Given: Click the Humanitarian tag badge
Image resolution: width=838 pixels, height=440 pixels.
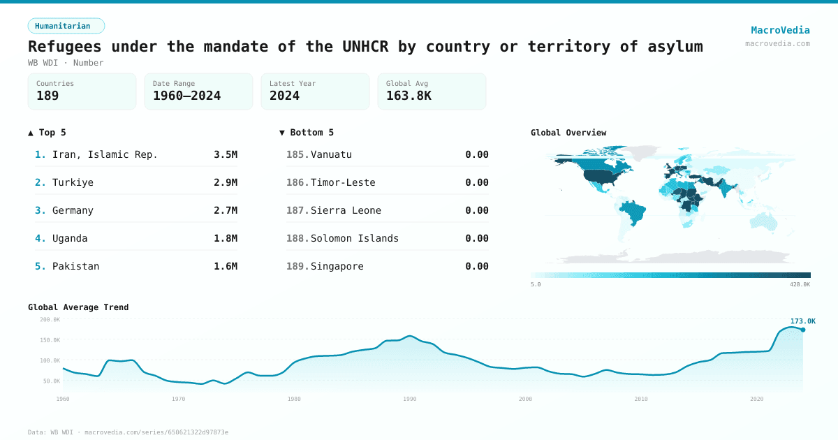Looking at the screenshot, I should click(66, 26).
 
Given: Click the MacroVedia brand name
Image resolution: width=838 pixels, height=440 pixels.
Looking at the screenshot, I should click(780, 30).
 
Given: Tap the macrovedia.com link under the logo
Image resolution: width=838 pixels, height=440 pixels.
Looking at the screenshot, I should click(777, 43).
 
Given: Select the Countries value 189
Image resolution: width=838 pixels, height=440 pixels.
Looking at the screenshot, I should click(47, 96).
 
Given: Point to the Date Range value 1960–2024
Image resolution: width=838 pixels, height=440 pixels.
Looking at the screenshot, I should click(186, 96).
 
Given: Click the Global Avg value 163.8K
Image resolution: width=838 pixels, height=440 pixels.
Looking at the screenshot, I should click(409, 96).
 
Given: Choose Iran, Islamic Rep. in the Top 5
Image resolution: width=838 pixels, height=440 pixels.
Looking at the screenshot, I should click(105, 154).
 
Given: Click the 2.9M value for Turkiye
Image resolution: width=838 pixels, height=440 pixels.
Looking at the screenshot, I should click(225, 182).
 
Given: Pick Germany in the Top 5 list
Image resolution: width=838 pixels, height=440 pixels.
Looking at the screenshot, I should click(73, 210).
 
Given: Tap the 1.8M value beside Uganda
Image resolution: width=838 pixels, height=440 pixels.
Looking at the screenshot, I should click(225, 238).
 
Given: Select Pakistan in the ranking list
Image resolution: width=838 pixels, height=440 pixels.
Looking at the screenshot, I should click(75, 266).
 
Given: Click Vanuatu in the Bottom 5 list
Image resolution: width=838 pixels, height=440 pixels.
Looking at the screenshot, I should click(331, 154).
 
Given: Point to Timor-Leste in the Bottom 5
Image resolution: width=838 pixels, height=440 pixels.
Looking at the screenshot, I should click(343, 182).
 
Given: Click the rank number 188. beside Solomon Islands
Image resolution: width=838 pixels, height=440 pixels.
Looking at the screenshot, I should click(297, 238).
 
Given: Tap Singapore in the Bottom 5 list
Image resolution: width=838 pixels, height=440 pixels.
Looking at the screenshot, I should click(337, 266).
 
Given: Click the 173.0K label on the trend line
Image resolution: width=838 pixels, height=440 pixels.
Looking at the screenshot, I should click(802, 321).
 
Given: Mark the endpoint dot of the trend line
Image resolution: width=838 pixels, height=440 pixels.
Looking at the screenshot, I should click(802, 330).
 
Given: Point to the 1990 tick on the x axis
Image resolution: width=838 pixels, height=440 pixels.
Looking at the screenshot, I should click(409, 399).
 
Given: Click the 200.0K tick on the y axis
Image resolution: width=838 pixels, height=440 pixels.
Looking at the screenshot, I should click(50, 319).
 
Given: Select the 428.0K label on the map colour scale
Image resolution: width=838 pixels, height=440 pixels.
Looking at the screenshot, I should click(800, 284).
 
